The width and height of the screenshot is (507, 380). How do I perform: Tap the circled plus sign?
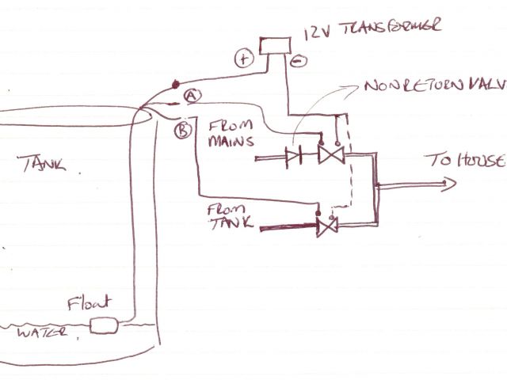pos(242,57)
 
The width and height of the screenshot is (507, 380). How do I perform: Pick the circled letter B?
pos(181,128)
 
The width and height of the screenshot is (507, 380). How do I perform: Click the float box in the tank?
pos(104,324)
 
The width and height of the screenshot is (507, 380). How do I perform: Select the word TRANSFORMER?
pos(383,32)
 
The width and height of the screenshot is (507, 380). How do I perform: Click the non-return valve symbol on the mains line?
pos(294,157)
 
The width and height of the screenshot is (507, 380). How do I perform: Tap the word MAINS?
pos(228,143)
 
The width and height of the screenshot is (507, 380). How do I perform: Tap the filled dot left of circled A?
pos(176,82)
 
